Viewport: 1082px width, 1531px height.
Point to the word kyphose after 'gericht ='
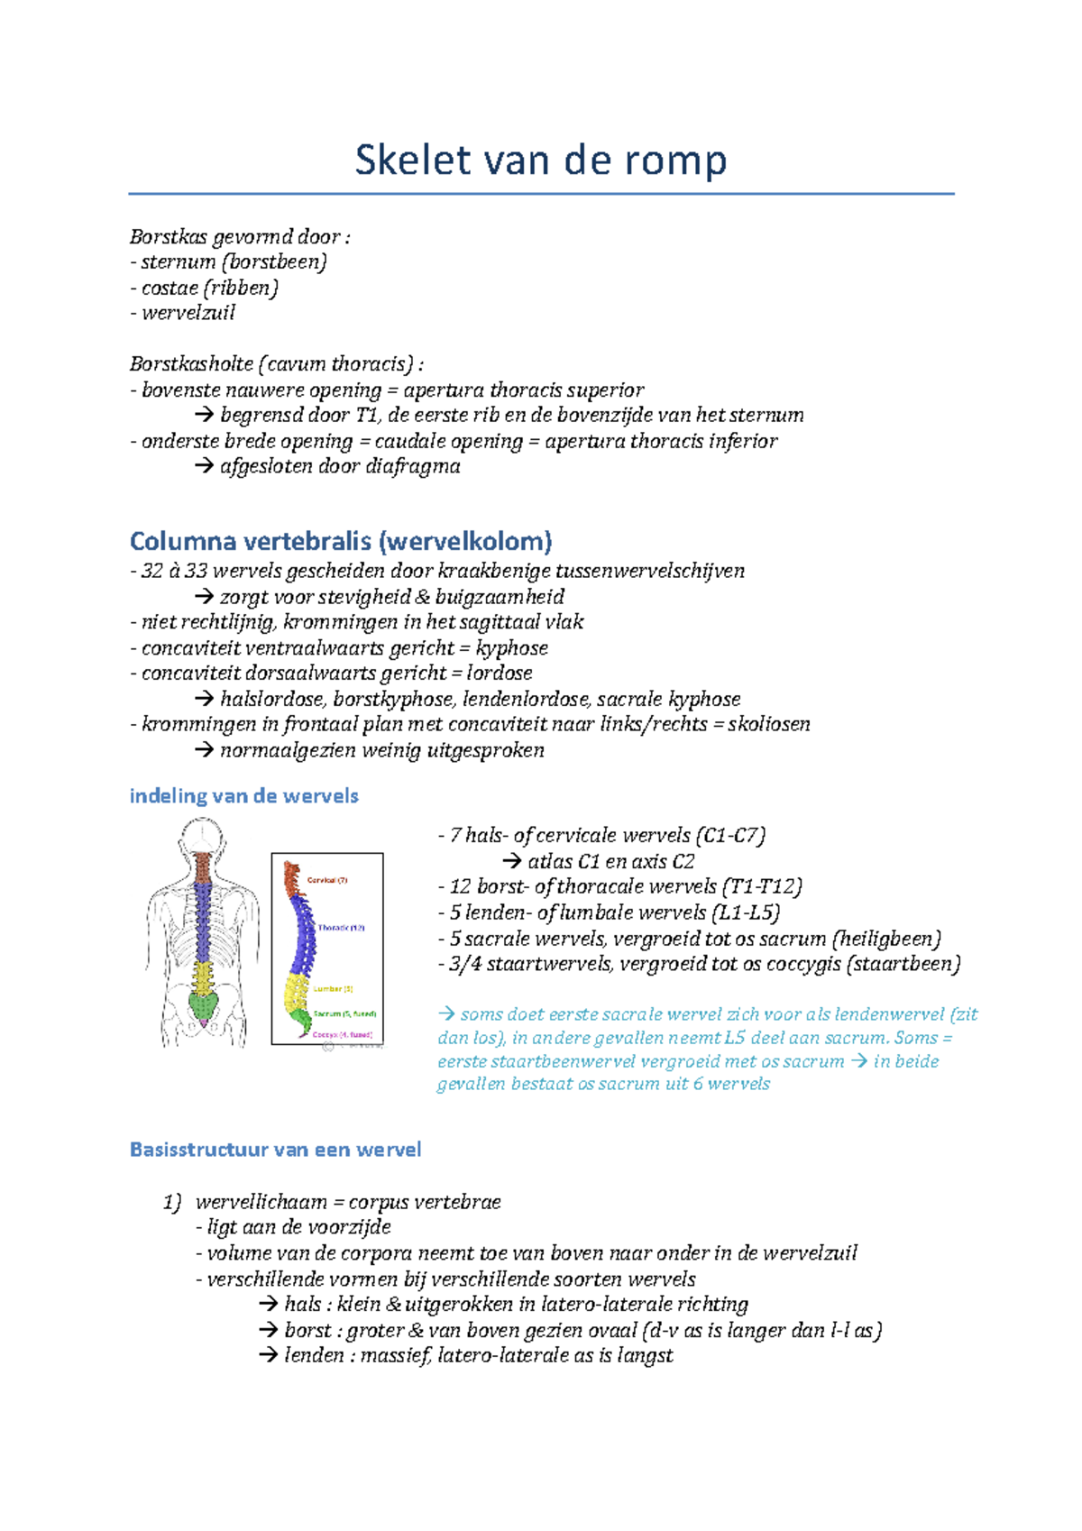point(511,648)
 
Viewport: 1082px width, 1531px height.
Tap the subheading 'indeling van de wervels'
point(243,796)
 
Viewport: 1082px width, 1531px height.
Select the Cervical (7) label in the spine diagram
point(327,880)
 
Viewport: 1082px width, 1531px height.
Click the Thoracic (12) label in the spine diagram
point(341,928)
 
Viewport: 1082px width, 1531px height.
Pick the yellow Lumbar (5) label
point(333,989)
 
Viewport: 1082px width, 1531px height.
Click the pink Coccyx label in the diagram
point(342,1035)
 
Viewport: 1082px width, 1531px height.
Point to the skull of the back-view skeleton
point(202,833)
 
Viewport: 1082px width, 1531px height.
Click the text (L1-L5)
point(746,913)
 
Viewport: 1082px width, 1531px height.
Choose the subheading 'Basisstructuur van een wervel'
point(275,1151)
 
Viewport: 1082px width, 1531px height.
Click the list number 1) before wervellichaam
point(171,1203)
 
